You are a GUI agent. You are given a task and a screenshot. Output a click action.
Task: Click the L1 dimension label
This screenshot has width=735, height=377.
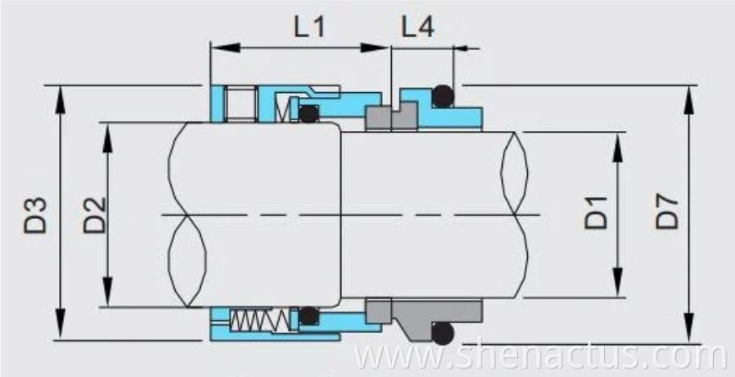(308, 27)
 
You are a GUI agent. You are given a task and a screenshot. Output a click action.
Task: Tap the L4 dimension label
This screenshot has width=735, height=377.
(417, 27)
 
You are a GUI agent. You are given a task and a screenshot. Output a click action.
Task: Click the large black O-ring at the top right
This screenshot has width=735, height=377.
(442, 96)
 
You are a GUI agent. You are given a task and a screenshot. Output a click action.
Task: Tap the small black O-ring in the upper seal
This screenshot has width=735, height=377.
(309, 113)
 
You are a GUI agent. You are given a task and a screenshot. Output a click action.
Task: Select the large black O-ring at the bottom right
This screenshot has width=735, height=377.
(442, 332)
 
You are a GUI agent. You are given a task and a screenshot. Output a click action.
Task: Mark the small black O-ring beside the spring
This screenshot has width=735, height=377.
(309, 316)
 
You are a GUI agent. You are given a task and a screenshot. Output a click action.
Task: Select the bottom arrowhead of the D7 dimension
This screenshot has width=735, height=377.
(689, 333)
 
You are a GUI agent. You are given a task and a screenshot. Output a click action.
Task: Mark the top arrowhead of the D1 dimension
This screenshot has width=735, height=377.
(619, 139)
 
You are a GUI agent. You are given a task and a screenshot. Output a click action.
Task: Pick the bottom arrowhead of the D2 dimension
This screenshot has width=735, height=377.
(107, 298)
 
